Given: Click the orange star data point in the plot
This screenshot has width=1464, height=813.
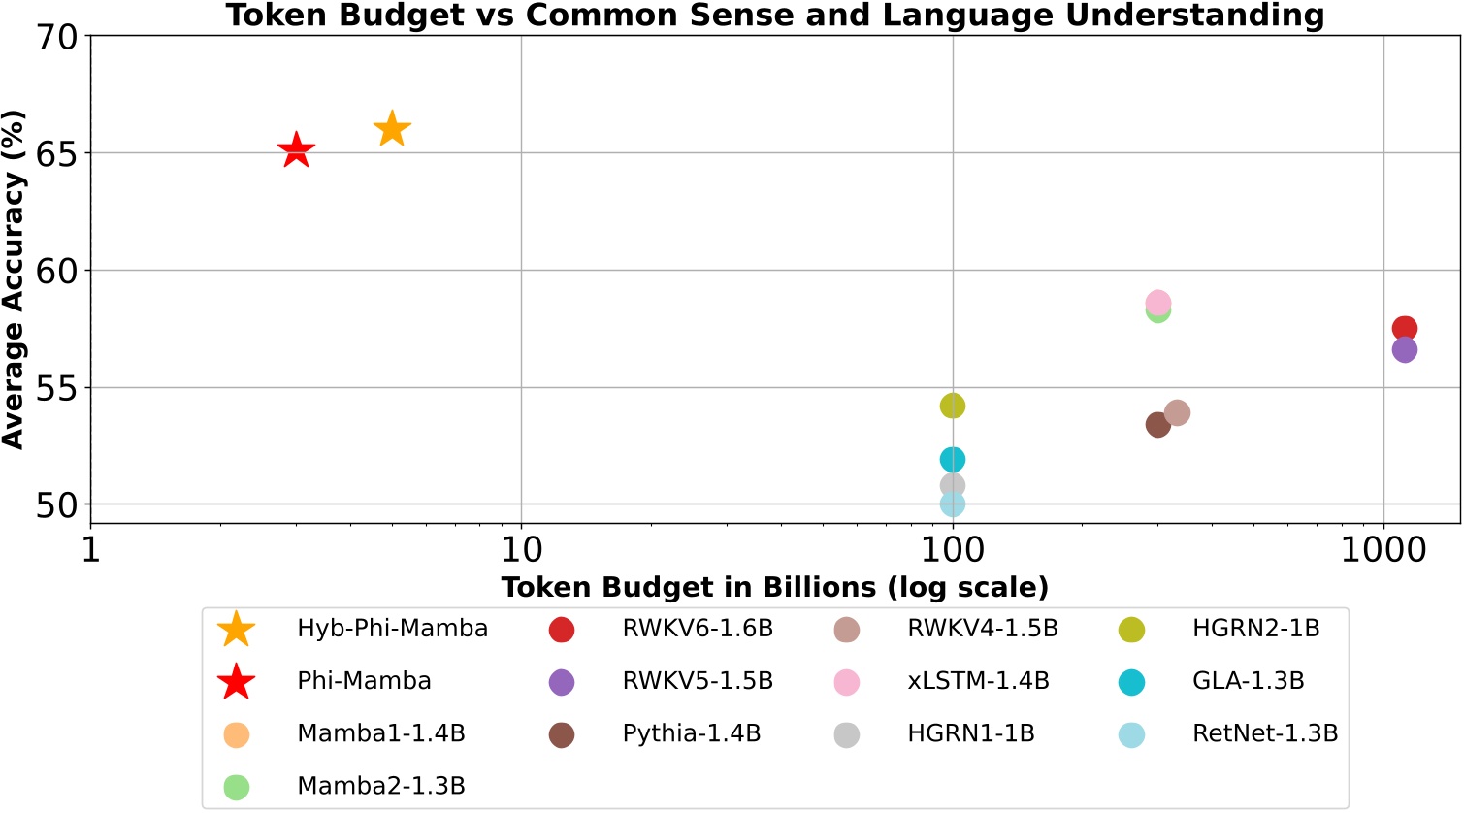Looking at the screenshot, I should (x=392, y=128).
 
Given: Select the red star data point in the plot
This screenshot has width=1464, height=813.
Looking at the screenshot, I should (x=296, y=150).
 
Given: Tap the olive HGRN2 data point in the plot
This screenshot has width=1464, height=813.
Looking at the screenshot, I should (x=953, y=406).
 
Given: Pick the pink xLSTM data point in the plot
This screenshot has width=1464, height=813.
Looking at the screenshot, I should (x=1157, y=303).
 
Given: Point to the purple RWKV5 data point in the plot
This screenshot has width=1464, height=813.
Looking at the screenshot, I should (x=1404, y=350).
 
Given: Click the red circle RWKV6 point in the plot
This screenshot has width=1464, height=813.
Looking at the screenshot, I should (x=1404, y=328).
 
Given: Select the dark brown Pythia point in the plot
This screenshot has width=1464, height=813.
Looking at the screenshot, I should (x=1157, y=424).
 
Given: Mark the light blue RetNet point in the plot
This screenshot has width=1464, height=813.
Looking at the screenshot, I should (x=953, y=504).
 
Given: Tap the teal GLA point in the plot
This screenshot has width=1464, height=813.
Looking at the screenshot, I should (x=953, y=459).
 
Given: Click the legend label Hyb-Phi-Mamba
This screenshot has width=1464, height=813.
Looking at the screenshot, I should (x=392, y=629).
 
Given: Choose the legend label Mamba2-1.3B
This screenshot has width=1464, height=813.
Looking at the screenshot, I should (x=381, y=786).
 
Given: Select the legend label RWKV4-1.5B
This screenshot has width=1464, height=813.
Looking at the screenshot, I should (x=982, y=629).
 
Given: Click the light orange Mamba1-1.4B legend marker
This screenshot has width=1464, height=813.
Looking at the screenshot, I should (x=237, y=734).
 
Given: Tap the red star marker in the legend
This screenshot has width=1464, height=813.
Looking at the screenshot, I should (x=237, y=682).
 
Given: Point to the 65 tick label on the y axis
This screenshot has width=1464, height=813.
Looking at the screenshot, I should (x=55, y=153).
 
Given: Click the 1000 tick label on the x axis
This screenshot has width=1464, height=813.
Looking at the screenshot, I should (x=1383, y=551).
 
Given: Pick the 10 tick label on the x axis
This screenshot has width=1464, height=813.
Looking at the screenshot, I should (x=521, y=551).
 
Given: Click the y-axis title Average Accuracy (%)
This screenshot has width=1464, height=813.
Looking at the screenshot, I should (x=14, y=278).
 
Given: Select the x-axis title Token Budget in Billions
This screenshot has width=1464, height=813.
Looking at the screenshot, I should (x=774, y=587).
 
